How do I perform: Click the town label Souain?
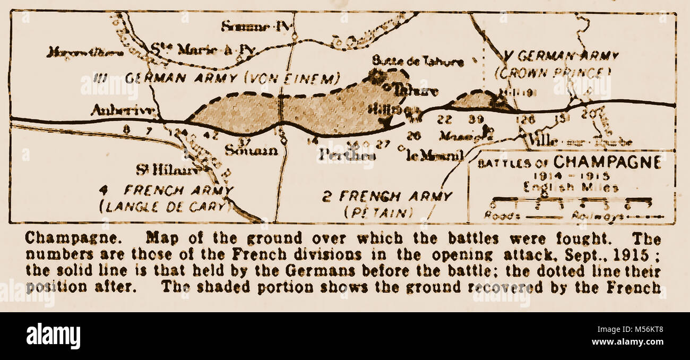pyautogui.click(x=251, y=150)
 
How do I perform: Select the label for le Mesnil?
pyautogui.click(x=435, y=155)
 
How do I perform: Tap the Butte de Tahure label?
pyautogui.click(x=417, y=62)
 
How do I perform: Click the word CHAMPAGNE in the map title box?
pyautogui.click(x=607, y=162)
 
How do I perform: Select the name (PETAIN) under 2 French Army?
pyautogui.click(x=378, y=212)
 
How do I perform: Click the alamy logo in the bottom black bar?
pyautogui.click(x=53, y=336)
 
